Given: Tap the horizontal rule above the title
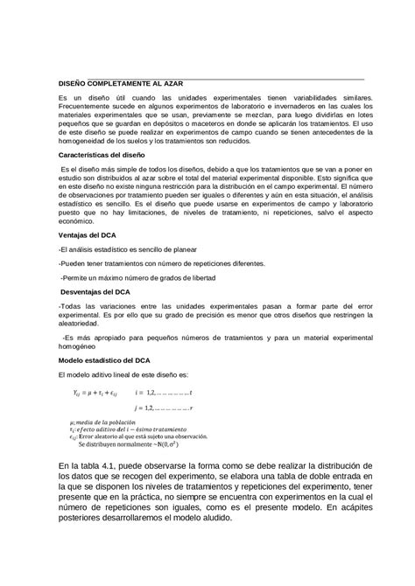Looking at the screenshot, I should coord(210,78).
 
